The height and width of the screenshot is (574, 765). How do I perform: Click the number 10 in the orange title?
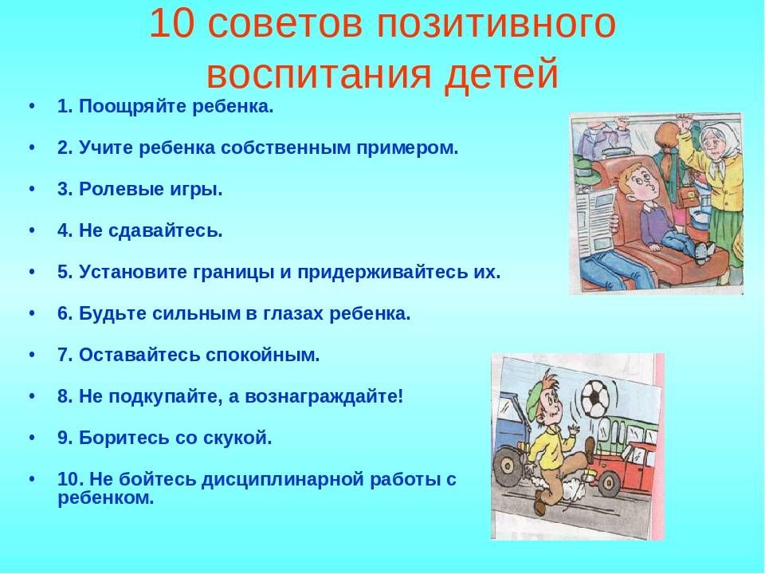171,23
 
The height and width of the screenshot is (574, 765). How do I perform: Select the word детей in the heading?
501,74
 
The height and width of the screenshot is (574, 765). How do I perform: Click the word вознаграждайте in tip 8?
324,397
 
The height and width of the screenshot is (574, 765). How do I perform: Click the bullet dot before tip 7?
32,355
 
